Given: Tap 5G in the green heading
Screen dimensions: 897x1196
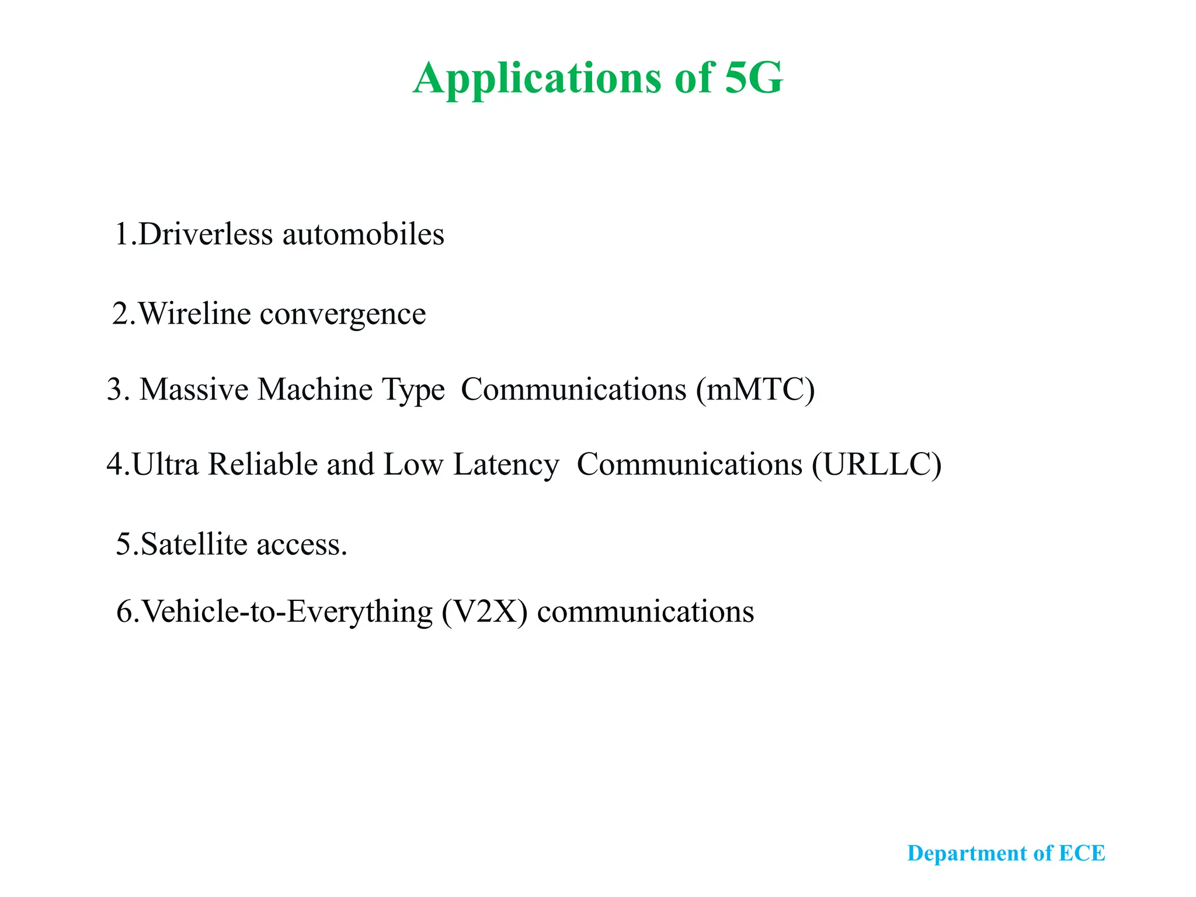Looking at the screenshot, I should coord(753,78).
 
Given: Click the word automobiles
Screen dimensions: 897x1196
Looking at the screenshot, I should coord(363,234).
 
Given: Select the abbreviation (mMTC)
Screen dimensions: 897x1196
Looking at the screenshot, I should coord(755,390).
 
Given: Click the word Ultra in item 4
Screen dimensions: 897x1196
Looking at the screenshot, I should coord(165,464).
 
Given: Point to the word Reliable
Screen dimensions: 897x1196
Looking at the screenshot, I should coord(262,464).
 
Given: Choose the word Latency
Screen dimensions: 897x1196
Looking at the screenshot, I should coord(506,465).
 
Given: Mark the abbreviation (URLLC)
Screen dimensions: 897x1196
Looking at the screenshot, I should coord(876,465).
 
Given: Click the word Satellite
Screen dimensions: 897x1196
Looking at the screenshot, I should coord(194,544).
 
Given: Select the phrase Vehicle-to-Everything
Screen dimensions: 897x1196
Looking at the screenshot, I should coord(287,612).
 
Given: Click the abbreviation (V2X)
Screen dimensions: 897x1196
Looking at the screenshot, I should coord(484,612).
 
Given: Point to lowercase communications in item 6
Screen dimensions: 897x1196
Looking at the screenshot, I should coord(645,612).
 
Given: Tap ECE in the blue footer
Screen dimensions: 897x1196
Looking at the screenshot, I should coord(1082,853).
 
